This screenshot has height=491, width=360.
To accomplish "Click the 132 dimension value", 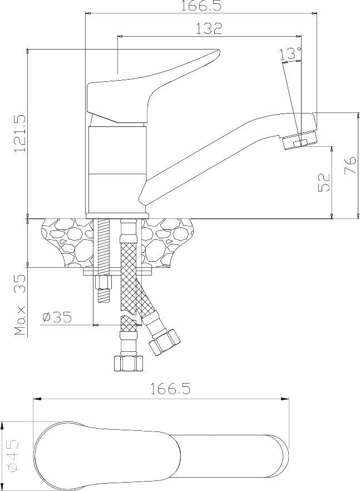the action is (209, 28).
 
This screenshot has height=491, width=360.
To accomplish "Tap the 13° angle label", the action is (291, 53).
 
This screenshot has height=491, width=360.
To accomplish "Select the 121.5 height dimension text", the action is (19, 134).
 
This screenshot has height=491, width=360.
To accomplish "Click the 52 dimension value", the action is (324, 182).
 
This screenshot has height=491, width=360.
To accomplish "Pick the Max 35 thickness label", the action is (19, 305).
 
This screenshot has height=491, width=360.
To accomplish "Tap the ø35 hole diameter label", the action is (57, 317).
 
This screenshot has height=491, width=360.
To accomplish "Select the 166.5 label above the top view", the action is (170, 389).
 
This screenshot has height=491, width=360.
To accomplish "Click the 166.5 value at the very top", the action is (201, 6).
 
